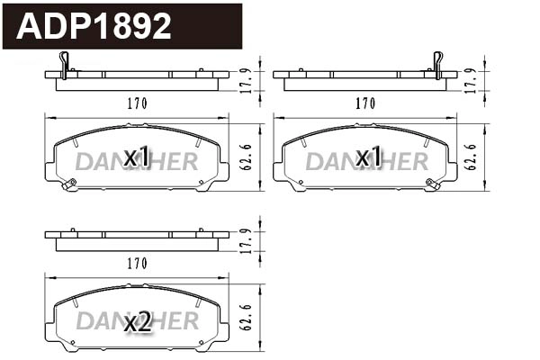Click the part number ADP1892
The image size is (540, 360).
coord(94,26)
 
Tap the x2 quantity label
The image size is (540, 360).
coord(137,321)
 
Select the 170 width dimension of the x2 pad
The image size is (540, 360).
coord(136,263)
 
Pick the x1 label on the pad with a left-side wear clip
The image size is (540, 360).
coord(137,157)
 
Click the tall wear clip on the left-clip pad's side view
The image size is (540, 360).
coord(63,63)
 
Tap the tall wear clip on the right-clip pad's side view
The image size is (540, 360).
coord(437,63)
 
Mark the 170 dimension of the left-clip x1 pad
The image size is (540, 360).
coord(136,103)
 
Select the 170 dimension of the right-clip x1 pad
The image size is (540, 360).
coord(364,103)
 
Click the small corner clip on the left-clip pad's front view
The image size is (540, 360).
coord(68,184)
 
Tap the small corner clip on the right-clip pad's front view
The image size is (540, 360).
coord(433,184)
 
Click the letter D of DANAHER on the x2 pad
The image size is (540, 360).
coord(83,321)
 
